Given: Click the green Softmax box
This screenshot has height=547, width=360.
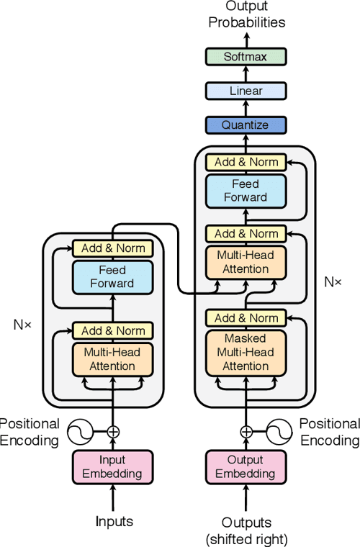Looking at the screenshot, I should pyautogui.click(x=246, y=56).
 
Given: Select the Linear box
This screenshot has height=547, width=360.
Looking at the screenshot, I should pyautogui.click(x=246, y=91).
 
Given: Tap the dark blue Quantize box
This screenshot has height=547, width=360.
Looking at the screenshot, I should pyautogui.click(x=246, y=125).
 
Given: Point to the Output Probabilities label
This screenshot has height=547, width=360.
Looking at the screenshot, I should pyautogui.click(x=246, y=14).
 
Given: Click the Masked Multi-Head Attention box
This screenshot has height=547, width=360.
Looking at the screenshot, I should pyautogui.click(x=246, y=353).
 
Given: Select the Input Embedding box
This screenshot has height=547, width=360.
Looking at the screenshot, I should pyautogui.click(x=112, y=466).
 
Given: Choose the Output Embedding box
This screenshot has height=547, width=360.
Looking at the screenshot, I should pyautogui.click(x=246, y=466).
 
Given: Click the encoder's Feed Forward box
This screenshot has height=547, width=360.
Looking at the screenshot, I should pyautogui.click(x=112, y=276).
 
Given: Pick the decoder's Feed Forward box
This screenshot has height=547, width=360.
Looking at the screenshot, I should pyautogui.click(x=246, y=191).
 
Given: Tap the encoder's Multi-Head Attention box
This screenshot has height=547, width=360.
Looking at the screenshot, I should pyautogui.click(x=112, y=359).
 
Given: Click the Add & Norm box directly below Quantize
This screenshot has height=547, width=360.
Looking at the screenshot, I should pyautogui.click(x=246, y=162).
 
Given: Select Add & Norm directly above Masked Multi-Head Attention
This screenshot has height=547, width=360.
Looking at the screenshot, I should pyautogui.click(x=246, y=317).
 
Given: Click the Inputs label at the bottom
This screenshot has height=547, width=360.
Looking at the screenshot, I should pyautogui.click(x=112, y=521).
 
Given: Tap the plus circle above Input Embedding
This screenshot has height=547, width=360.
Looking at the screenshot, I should pyautogui.click(x=112, y=432).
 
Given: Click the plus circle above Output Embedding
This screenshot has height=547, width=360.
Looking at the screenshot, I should pyautogui.click(x=246, y=432).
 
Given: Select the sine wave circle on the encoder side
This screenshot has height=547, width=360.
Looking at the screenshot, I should pyautogui.click(x=81, y=432).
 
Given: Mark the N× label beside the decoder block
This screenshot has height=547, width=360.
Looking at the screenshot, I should pyautogui.click(x=332, y=281).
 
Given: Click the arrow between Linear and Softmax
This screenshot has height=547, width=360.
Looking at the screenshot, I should pyautogui.click(x=246, y=73).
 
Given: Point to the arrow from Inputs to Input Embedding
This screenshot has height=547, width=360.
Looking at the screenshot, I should pyautogui.click(x=112, y=498).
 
